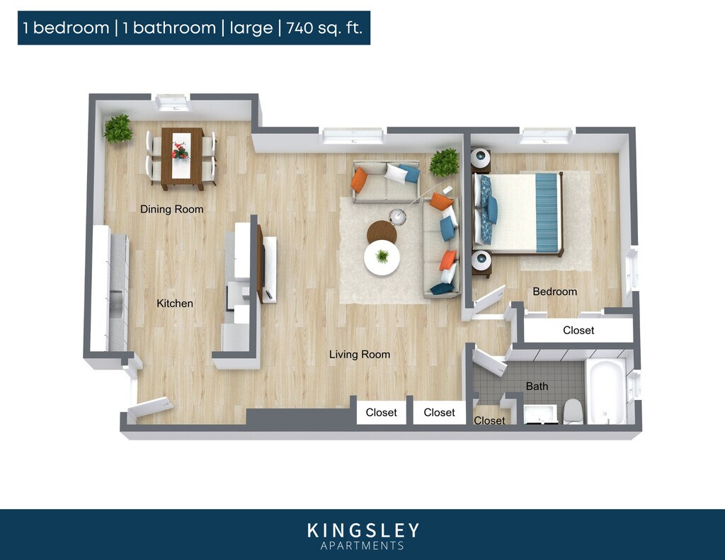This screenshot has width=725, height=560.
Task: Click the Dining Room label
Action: [x=171, y=209]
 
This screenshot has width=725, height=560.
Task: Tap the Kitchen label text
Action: [x=174, y=303]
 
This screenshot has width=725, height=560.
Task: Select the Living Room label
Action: [x=359, y=354]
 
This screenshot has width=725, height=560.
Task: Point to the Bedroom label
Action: [x=554, y=291]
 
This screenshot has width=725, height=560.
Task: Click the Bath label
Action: [x=537, y=386]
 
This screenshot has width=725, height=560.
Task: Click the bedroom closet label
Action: [x=578, y=330]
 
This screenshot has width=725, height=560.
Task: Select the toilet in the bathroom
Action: [x=573, y=411]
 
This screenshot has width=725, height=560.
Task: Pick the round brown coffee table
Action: [x=382, y=231]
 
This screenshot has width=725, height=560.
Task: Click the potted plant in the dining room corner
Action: [x=118, y=129]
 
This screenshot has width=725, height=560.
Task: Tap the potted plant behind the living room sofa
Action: [x=445, y=163]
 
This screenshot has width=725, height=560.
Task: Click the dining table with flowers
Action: [x=182, y=156]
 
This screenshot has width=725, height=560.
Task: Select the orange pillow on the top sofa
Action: [x=360, y=180]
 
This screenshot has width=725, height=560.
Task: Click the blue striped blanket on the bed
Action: [x=547, y=212]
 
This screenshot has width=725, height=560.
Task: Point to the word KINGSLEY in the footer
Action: [x=362, y=530]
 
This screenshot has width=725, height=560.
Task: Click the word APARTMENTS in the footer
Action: [x=362, y=546]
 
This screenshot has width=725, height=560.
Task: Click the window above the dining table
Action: [x=173, y=103]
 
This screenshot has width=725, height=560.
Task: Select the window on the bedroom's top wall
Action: [x=544, y=136]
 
